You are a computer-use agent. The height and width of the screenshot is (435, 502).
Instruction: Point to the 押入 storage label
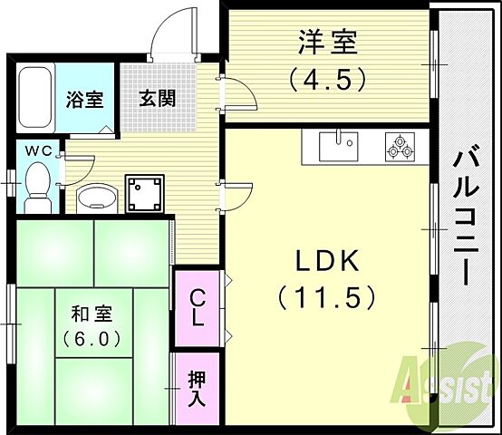pyautogui.click(x=197, y=390)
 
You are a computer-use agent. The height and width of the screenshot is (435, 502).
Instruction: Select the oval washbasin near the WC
pyautogui.click(x=96, y=195)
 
